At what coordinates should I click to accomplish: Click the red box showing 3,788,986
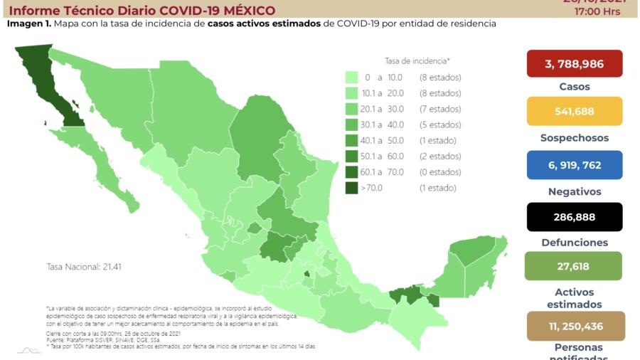[575, 64]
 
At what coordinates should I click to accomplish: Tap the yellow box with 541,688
[575, 112]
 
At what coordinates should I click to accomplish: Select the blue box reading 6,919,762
[575, 165]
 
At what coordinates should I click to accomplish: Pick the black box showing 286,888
[575, 217]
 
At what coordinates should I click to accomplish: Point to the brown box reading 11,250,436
[575, 326]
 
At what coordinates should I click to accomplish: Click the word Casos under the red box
[575, 87]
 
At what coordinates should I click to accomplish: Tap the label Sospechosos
[575, 138]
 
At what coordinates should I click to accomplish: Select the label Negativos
[575, 191]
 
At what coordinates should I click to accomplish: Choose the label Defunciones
[575, 243]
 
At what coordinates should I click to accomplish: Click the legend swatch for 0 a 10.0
[351, 77]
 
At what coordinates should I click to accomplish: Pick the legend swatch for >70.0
[351, 188]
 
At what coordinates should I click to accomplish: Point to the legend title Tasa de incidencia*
[417, 61]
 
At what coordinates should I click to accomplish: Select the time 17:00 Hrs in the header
[600, 11]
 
